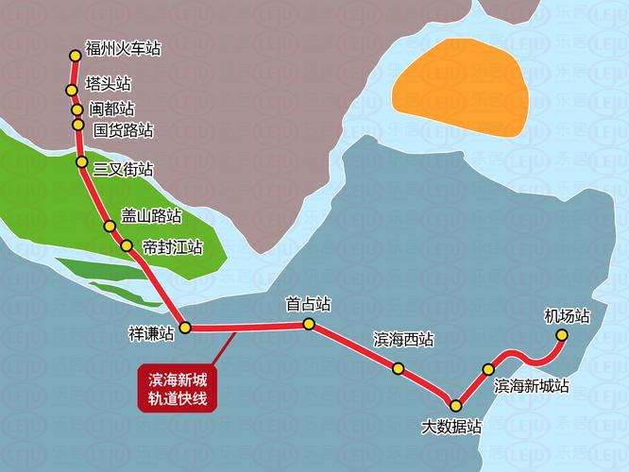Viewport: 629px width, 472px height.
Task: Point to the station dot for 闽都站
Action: tap(77, 109)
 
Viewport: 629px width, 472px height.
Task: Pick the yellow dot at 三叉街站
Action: tap(82, 163)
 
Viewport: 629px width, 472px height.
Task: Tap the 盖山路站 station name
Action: tap(151, 215)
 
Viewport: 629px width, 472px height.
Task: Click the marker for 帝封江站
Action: tap(127, 245)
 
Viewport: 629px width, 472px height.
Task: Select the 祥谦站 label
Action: tap(151, 333)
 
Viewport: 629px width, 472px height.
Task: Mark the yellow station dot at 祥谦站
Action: tap(186, 328)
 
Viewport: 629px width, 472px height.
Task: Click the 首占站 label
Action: tap(308, 304)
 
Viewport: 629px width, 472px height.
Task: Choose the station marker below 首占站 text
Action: tap(309, 324)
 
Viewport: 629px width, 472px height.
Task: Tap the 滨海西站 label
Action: tap(404, 339)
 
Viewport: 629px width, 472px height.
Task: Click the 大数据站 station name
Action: tap(451, 426)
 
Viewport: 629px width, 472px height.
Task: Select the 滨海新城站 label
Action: tap(532, 385)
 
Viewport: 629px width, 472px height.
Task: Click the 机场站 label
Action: tap(567, 315)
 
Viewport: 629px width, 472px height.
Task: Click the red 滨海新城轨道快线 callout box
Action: tap(178, 388)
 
